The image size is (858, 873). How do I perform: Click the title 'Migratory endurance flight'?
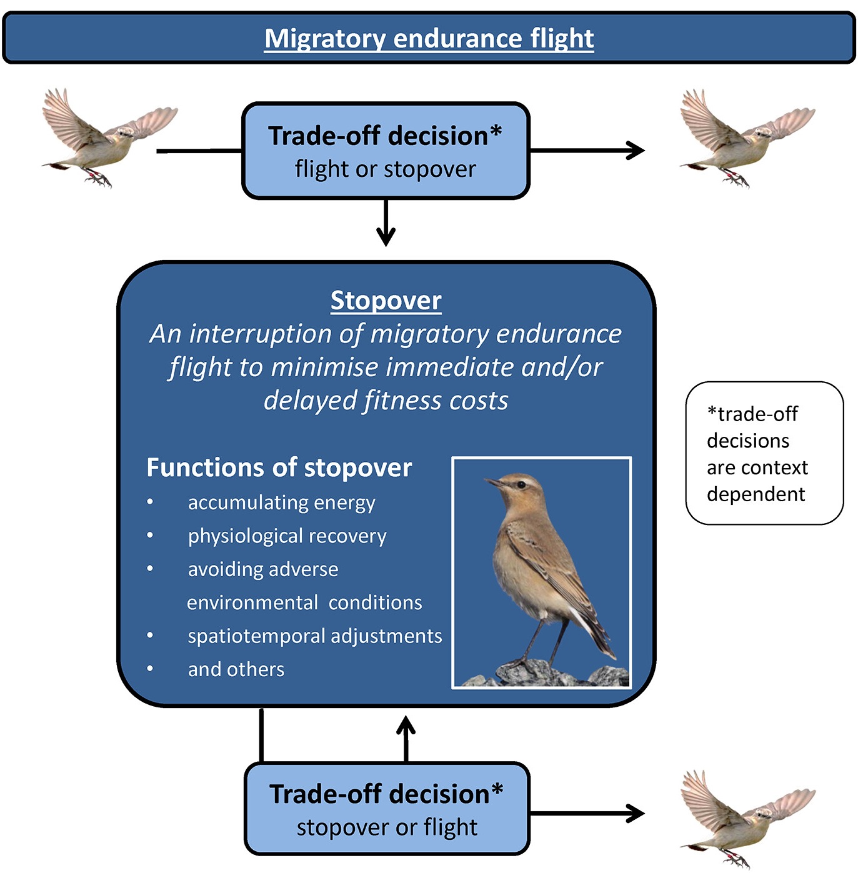429,39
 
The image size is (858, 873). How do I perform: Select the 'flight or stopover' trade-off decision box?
386,151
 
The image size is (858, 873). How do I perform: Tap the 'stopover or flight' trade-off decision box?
387,809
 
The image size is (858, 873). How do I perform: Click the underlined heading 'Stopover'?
386,301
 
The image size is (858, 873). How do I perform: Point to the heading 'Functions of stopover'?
279,467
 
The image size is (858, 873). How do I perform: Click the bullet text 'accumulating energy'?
281,502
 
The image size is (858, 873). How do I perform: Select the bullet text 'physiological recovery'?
287,536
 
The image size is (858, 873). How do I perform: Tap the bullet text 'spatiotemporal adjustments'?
314,636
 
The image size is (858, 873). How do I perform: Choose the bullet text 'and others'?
236,669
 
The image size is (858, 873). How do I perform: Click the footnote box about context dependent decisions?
764,453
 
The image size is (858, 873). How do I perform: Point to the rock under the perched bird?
550,675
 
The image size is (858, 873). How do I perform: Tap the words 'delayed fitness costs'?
386,401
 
